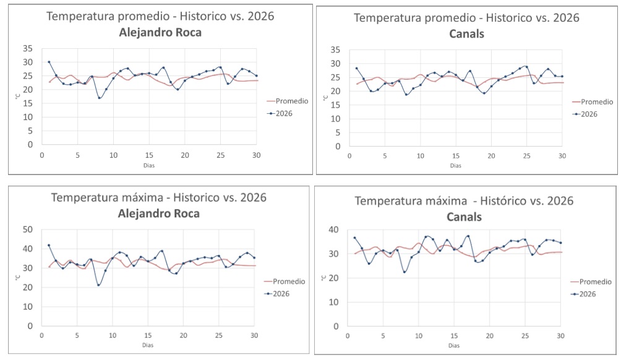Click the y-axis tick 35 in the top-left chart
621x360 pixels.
27,48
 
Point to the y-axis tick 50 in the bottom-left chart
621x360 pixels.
27,229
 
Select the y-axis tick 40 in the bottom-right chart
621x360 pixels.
335,229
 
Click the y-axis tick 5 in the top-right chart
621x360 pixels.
336,133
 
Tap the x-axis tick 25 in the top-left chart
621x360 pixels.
220,155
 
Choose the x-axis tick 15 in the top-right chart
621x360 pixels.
456,156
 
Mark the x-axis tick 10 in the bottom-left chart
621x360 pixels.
113,335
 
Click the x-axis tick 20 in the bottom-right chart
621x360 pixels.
489,336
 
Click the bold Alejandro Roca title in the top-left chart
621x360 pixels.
160,33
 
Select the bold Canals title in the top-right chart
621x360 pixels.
466,33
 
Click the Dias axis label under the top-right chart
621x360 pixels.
456,165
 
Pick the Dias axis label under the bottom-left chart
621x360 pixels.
148,345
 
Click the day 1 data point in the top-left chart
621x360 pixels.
49,62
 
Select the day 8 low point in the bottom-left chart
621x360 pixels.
98,285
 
